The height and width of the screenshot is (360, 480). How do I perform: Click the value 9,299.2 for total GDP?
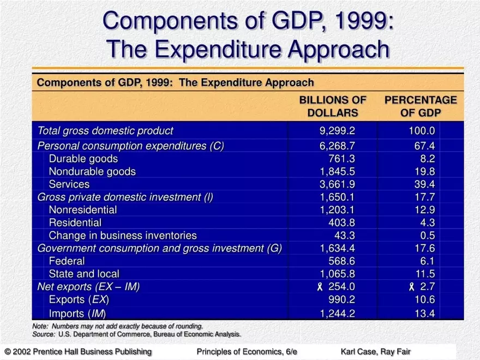pyautogui.click(x=337, y=131)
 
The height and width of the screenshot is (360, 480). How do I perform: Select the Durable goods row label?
pyautogui.click(x=83, y=159)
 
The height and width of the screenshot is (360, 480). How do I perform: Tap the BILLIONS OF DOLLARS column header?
pyautogui.click(x=333, y=106)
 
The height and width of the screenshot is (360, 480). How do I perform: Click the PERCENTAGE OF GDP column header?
pyautogui.click(x=421, y=106)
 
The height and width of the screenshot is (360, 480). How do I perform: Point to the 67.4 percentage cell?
pyautogui.click(x=424, y=146)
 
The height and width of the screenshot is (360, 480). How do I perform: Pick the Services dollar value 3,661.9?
pyautogui.click(x=337, y=184)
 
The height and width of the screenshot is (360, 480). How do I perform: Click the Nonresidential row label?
pyautogui.click(x=82, y=210)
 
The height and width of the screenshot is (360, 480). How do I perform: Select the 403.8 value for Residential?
pyautogui.click(x=342, y=223)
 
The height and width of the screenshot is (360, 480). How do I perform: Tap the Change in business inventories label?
pyautogui.click(x=123, y=236)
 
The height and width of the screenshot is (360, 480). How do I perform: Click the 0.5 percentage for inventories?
pyautogui.click(x=428, y=236)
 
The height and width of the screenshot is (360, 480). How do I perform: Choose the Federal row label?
pyautogui.click(x=67, y=261)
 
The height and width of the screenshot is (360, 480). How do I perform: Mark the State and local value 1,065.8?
pyautogui.click(x=337, y=274)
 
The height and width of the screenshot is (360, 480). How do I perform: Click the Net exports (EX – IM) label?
pyautogui.click(x=88, y=287)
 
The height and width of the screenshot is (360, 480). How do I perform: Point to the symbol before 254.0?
pyautogui.click(x=320, y=287)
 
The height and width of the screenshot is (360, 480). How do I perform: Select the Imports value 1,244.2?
pyautogui.click(x=337, y=313)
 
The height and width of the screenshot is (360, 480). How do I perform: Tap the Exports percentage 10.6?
pyautogui.click(x=424, y=300)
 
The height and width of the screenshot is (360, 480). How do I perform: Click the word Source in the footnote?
pyautogui.click(x=43, y=334)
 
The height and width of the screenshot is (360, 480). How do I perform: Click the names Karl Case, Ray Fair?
pyautogui.click(x=375, y=352)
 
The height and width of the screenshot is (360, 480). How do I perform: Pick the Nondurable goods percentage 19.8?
pyautogui.click(x=424, y=172)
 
